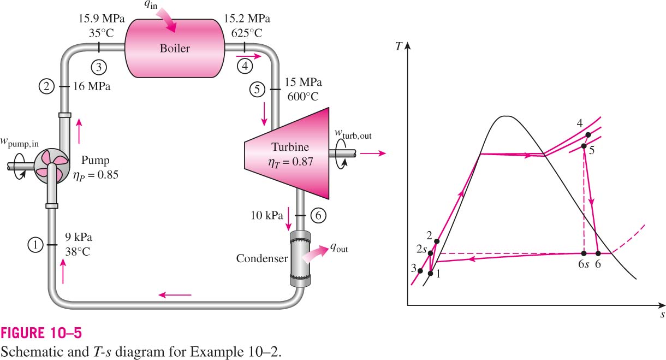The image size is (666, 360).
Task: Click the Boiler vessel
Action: (x=175, y=48)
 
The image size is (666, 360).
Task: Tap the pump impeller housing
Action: (x=51, y=166)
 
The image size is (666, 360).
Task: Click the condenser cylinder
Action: (x=300, y=259)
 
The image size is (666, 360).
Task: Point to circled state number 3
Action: (x=99, y=67)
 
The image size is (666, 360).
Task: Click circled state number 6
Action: (x=318, y=215)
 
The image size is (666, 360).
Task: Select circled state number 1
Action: (x=35, y=245)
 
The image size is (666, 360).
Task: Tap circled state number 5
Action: (x=257, y=89)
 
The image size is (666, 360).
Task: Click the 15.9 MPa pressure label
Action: (x=102, y=19)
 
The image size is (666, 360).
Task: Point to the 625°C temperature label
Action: (x=247, y=33)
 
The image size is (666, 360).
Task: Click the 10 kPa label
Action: (x=267, y=215)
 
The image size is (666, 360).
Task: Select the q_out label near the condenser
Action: (x=339, y=247)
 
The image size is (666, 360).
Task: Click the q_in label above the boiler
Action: (x=151, y=5)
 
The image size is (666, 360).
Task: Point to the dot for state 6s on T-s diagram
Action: (x=584, y=253)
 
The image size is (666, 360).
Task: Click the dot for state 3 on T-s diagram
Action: (x=420, y=271)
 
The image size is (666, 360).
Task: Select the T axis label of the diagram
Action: (x=399, y=46)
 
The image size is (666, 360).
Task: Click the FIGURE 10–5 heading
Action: (x=41, y=333)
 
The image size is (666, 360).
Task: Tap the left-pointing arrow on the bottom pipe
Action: (x=175, y=295)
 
